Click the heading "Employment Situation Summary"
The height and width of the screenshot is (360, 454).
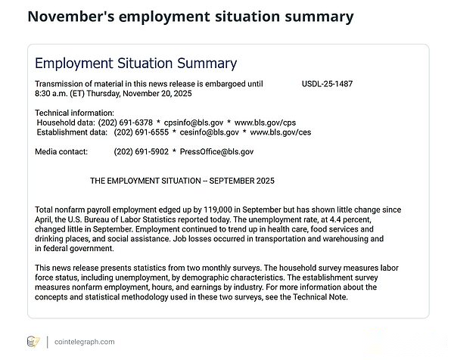[136, 64]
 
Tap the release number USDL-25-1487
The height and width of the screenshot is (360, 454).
[327, 83]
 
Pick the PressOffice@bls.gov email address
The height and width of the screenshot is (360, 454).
[217, 151]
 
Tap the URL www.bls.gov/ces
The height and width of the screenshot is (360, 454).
[281, 132]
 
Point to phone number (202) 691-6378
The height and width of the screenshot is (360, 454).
[126, 122]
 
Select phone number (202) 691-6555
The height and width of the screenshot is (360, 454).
[142, 132]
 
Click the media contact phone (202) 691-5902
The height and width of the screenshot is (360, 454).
[142, 151]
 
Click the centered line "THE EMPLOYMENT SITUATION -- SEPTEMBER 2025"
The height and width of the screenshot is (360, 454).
[182, 182]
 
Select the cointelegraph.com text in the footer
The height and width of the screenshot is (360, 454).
[85, 342]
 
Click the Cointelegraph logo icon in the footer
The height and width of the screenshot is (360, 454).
[33, 342]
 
